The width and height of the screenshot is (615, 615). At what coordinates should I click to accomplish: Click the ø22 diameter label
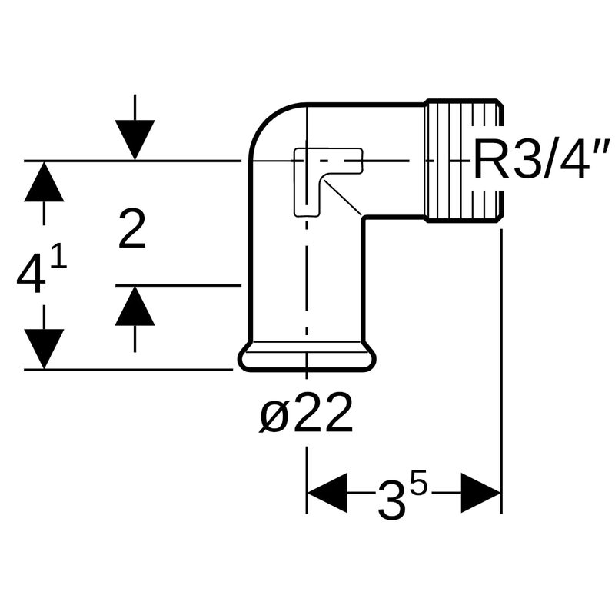click(x=307, y=415)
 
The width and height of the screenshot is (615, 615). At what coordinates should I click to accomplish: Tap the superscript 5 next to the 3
click(x=418, y=484)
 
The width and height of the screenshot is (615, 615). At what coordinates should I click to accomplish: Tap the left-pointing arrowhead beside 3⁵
click(x=327, y=493)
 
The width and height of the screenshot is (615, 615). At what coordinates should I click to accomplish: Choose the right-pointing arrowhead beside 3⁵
click(x=481, y=493)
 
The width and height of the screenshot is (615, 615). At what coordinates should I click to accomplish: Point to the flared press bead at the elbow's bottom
click(x=307, y=358)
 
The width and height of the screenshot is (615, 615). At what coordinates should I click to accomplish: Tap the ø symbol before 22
click(x=273, y=415)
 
